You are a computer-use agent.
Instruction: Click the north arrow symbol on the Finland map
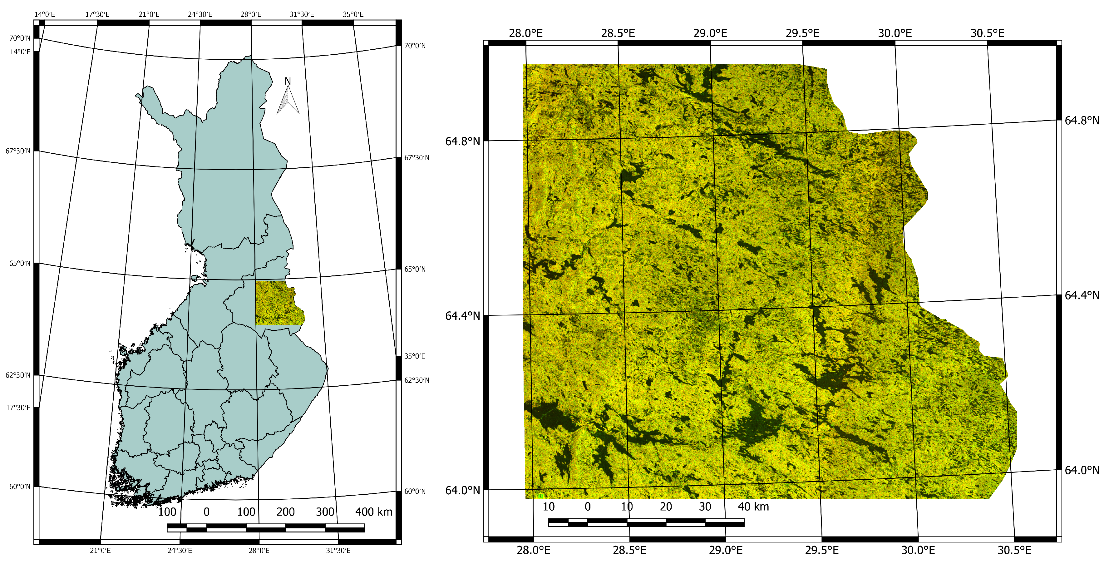288,100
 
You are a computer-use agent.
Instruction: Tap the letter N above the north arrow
288,81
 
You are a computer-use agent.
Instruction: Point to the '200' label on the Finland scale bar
285,512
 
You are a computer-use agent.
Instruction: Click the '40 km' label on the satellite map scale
753,507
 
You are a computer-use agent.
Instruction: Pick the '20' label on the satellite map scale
666,507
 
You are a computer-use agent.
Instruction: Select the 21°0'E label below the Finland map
100,551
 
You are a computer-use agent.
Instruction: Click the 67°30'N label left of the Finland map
18,151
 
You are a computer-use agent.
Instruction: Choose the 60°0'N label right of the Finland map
415,492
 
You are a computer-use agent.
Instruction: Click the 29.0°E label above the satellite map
710,33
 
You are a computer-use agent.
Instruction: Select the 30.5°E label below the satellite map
1014,550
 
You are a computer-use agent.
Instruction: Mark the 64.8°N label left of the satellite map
462,141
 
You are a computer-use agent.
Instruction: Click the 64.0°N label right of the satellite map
1082,470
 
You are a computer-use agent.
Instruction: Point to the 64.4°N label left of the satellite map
462,316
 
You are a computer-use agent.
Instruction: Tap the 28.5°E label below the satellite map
629,550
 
